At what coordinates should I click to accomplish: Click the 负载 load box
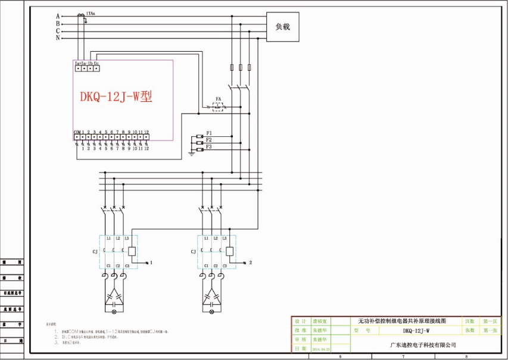(x=282, y=27)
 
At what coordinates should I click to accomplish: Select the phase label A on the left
(x=58, y=16)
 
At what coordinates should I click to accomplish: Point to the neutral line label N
(x=58, y=38)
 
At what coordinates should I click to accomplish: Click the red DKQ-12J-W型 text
(x=116, y=96)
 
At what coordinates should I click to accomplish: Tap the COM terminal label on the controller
(x=77, y=132)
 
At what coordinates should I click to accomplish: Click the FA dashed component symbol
(x=219, y=107)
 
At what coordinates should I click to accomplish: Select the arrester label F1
(x=209, y=132)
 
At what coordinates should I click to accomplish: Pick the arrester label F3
(x=209, y=146)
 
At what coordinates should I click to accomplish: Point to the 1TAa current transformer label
(x=90, y=12)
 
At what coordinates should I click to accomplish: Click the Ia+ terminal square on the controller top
(x=78, y=68)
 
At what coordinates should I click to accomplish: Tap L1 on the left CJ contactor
(x=108, y=239)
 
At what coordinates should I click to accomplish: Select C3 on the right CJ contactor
(x=225, y=265)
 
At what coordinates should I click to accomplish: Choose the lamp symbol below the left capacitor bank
(x=114, y=312)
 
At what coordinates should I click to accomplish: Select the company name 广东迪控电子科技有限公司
(x=422, y=345)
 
